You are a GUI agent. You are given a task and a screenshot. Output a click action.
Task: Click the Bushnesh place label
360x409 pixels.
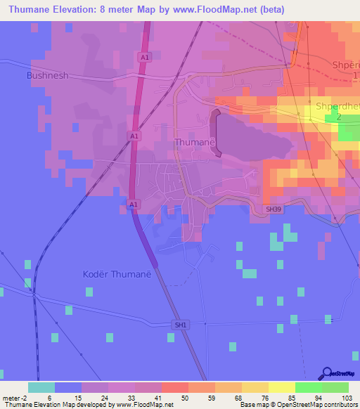[x=48, y=74]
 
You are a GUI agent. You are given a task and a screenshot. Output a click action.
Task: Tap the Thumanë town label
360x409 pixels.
[x=194, y=142]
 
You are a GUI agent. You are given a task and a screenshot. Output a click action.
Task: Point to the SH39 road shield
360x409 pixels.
[x=274, y=209]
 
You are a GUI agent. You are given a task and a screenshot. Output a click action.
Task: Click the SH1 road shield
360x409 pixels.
[x=181, y=325]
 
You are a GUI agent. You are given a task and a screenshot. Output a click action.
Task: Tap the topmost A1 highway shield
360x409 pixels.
[x=144, y=57]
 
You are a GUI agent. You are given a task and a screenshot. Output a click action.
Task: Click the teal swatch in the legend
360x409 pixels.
[x=41, y=387]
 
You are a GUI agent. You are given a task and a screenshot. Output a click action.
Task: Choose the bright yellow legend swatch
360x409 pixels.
[x=281, y=387]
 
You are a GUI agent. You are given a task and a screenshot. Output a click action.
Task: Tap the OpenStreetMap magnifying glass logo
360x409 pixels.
[x=326, y=374]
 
